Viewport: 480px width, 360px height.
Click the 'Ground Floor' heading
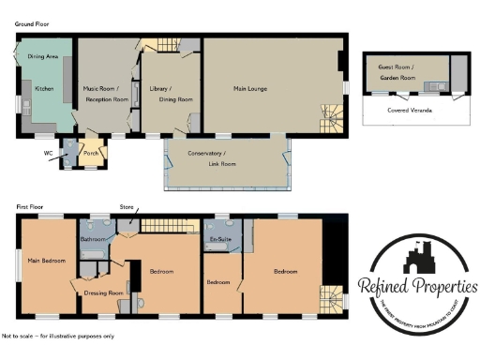tap(33, 23)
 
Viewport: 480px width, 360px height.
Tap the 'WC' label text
tap(48, 152)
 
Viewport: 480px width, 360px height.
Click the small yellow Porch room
tap(91, 153)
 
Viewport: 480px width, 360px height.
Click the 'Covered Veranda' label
tap(409, 110)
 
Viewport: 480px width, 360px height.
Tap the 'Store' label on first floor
tap(127, 206)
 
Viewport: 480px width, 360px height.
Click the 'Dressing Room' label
tap(103, 292)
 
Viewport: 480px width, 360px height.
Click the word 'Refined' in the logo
tap(391, 285)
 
